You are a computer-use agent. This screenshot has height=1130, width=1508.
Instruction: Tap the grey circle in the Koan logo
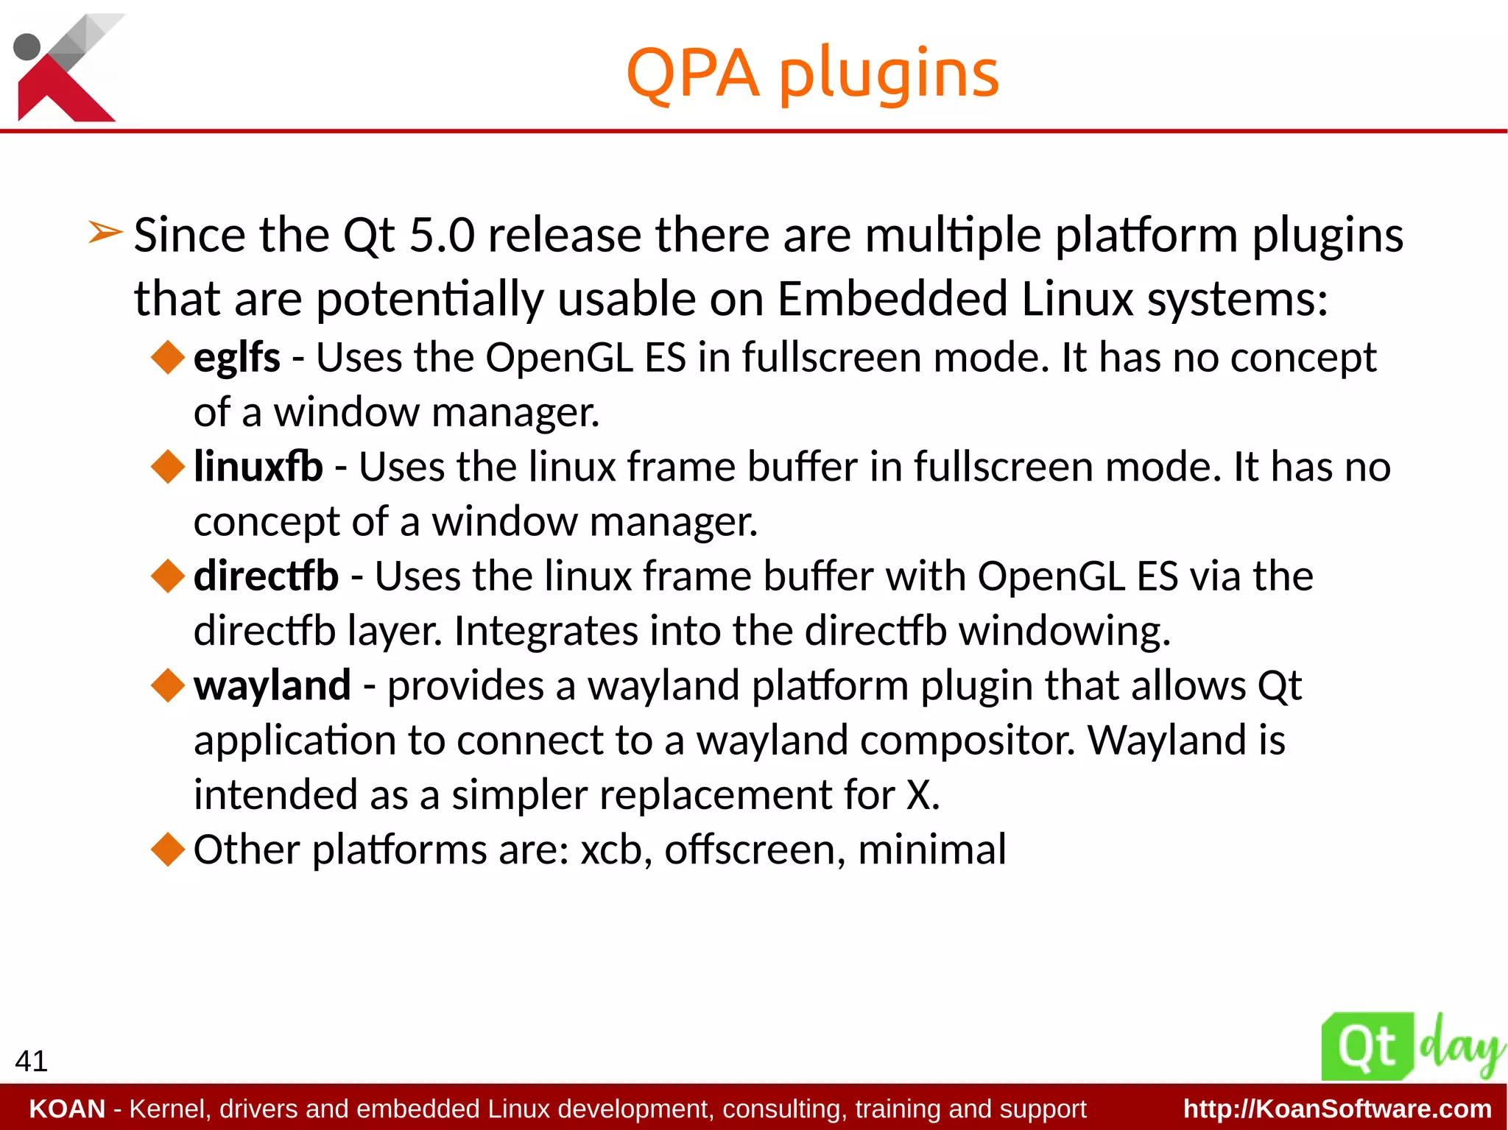click(27, 46)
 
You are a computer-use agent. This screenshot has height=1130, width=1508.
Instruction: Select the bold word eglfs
click(236, 359)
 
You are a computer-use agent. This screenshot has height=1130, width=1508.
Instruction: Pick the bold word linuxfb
click(258, 467)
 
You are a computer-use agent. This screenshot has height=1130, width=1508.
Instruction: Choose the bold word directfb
click(266, 576)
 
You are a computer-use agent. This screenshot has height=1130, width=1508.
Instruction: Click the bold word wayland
click(272, 686)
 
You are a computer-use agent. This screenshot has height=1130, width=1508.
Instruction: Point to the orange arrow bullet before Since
click(105, 233)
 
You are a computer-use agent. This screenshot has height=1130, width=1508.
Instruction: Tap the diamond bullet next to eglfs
click(168, 357)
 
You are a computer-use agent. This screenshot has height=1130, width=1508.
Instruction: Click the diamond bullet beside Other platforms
click(168, 849)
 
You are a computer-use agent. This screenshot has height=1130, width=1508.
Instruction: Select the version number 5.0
click(442, 236)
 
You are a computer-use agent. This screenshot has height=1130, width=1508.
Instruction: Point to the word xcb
click(610, 850)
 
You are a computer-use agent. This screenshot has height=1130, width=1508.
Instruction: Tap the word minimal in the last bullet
click(931, 850)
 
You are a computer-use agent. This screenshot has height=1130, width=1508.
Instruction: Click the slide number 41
click(31, 1061)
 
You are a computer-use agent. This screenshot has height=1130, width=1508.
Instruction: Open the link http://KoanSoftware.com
click(1337, 1109)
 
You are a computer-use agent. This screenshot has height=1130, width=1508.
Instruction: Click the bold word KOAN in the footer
click(67, 1109)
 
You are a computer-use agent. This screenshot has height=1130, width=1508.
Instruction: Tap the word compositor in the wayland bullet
click(968, 741)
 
